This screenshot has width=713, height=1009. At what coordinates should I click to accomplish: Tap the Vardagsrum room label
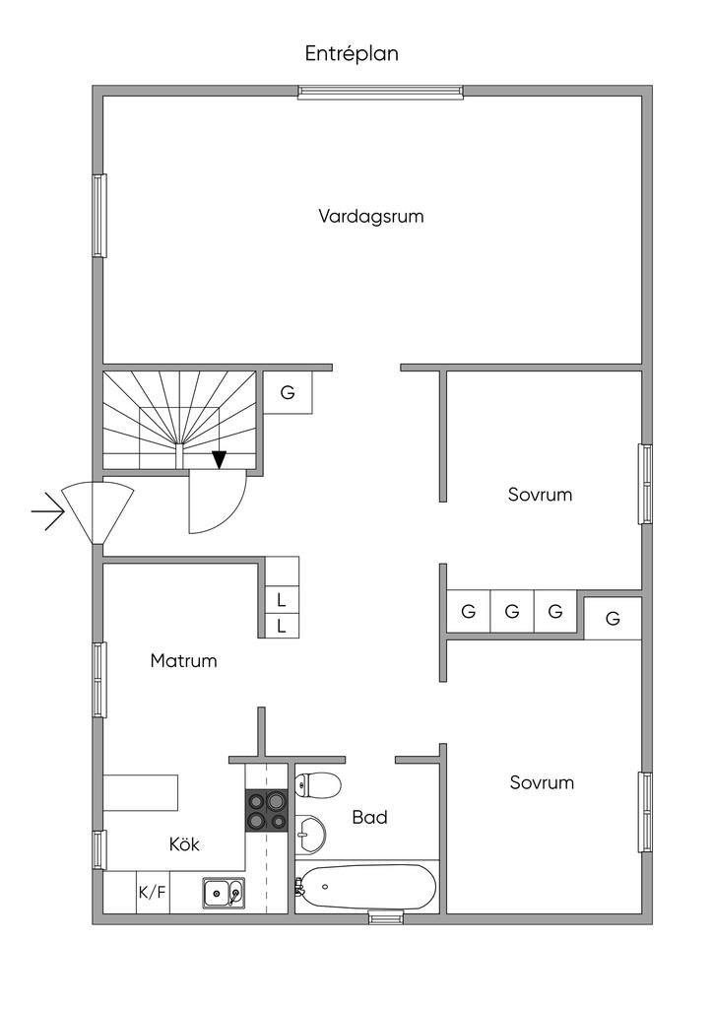click(x=370, y=216)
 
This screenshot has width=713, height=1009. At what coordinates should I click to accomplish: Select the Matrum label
click(x=183, y=661)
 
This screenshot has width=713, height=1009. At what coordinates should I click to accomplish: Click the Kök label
click(x=184, y=844)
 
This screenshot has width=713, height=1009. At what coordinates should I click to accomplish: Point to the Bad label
click(x=369, y=817)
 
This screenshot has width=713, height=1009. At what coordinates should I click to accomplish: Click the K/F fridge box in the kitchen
click(x=152, y=893)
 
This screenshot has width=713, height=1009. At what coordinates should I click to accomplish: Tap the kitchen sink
click(x=224, y=894)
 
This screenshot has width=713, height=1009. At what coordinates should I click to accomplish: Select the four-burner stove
click(x=266, y=811)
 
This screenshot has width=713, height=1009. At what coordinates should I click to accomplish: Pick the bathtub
click(x=366, y=887)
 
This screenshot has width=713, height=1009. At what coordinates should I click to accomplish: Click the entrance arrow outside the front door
click(x=47, y=511)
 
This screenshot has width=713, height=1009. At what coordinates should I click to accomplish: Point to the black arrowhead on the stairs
click(x=219, y=459)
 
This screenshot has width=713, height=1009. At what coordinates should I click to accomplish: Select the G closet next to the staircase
click(x=288, y=392)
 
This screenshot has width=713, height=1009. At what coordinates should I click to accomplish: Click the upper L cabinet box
click(x=282, y=599)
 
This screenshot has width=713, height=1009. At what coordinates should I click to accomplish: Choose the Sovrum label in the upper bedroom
click(x=540, y=495)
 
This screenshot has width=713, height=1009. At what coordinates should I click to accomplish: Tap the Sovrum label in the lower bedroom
click(x=542, y=783)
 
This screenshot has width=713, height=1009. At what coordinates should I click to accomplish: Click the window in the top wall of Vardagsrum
click(x=380, y=93)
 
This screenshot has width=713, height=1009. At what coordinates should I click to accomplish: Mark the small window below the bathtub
click(x=385, y=918)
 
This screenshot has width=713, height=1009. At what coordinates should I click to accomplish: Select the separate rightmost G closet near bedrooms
click(x=613, y=619)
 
